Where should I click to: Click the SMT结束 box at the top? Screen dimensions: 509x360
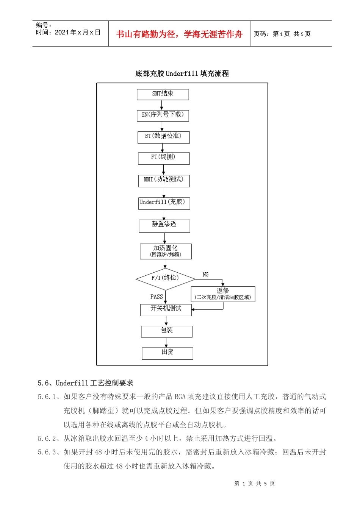163,94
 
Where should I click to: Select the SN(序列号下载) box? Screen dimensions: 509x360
163,115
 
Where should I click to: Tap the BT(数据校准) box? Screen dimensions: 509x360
163,137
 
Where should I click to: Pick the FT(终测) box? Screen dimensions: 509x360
163,158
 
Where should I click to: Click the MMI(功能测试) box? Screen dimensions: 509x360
164,180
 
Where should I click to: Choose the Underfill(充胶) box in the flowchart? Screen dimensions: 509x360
164,203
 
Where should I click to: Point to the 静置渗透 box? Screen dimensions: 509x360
164,225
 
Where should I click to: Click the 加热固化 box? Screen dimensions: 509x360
166,251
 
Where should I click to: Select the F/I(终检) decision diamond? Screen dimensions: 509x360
165,279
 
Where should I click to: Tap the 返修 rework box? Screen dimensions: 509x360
223,294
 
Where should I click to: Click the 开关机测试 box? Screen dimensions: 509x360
166,309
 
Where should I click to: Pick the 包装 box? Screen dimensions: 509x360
166,331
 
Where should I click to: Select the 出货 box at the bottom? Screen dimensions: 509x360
167,353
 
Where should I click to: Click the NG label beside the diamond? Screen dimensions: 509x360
205,275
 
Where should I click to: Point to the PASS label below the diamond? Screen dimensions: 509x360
157,297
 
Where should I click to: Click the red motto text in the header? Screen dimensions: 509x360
179,34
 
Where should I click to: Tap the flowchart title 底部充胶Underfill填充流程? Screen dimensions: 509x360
182,73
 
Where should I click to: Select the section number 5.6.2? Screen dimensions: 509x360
47,439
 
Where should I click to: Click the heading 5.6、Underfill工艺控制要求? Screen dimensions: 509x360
86,383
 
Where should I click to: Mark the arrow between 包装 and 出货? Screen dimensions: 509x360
166,342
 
